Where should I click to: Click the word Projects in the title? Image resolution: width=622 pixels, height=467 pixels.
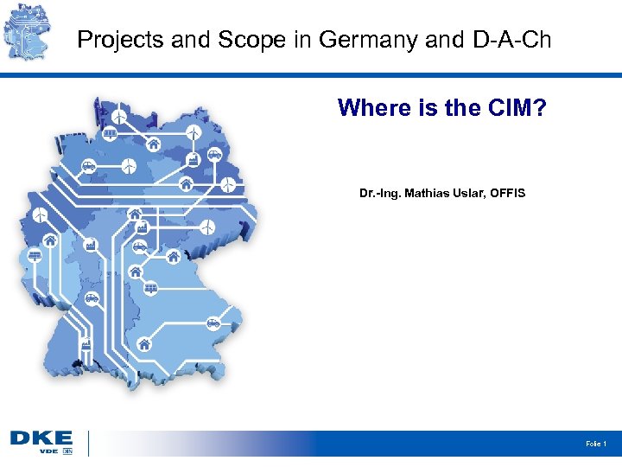[x=110, y=40]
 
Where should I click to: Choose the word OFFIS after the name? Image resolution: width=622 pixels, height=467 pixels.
[x=507, y=192]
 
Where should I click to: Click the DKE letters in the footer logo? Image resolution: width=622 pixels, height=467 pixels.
[x=41, y=439]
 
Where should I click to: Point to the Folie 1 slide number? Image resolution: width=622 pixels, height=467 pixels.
[x=596, y=444]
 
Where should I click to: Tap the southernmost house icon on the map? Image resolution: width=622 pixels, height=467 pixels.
[x=143, y=344]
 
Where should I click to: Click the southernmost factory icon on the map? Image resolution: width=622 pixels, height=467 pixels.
[x=86, y=343]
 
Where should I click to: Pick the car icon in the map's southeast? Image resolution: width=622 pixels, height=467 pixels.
[x=213, y=323]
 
